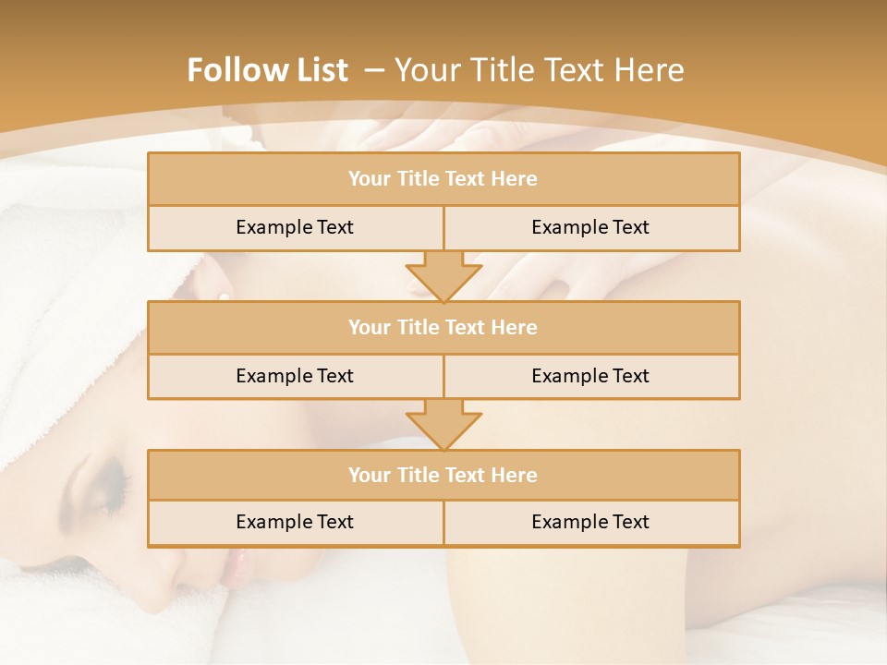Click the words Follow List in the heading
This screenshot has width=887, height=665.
(x=267, y=70)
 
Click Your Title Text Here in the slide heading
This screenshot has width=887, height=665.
(x=539, y=70)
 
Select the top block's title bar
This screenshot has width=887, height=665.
(x=443, y=179)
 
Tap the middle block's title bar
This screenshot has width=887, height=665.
(x=443, y=328)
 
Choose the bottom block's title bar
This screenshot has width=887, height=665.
(x=443, y=476)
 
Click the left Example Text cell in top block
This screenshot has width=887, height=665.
(x=295, y=227)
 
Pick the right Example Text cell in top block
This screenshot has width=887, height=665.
(x=590, y=227)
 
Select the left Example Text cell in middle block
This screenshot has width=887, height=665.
(x=295, y=376)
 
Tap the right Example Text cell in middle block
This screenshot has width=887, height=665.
(x=590, y=376)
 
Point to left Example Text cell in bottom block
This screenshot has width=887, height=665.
(x=295, y=522)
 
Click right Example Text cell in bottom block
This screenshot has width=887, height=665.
(x=590, y=522)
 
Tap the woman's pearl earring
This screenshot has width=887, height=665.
(x=224, y=296)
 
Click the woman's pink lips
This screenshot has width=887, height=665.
(x=232, y=565)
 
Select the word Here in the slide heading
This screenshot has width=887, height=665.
(x=652, y=70)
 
